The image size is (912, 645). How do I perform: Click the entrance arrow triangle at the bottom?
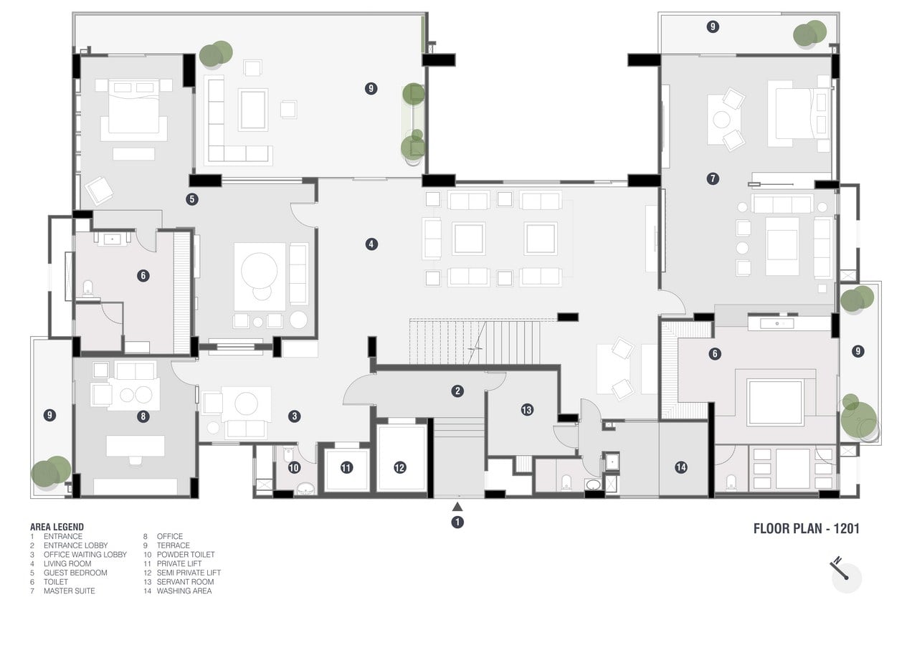[457, 507]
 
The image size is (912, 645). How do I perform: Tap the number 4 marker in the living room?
[371, 244]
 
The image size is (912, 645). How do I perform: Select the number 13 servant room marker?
[527, 410]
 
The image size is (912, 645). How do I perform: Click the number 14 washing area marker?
[681, 467]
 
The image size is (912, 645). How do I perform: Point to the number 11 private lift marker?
[346, 467]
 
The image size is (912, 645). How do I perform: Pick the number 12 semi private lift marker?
[400, 467]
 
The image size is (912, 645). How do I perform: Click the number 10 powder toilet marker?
[294, 467]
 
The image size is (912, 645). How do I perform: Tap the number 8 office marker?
[143, 416]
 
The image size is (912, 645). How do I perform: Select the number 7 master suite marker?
[713, 178]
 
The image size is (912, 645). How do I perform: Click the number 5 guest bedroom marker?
[191, 199]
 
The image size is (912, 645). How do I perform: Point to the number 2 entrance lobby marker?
[457, 391]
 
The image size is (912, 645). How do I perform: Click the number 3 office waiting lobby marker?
[295, 416]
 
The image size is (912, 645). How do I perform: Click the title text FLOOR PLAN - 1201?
[806, 529]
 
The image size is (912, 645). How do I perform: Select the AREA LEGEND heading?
[57, 527]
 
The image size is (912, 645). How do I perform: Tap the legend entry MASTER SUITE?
[70, 591]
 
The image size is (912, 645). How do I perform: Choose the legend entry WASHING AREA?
[184, 591]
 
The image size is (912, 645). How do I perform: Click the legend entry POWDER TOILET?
[186, 555]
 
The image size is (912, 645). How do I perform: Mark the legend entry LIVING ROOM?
[67, 563]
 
